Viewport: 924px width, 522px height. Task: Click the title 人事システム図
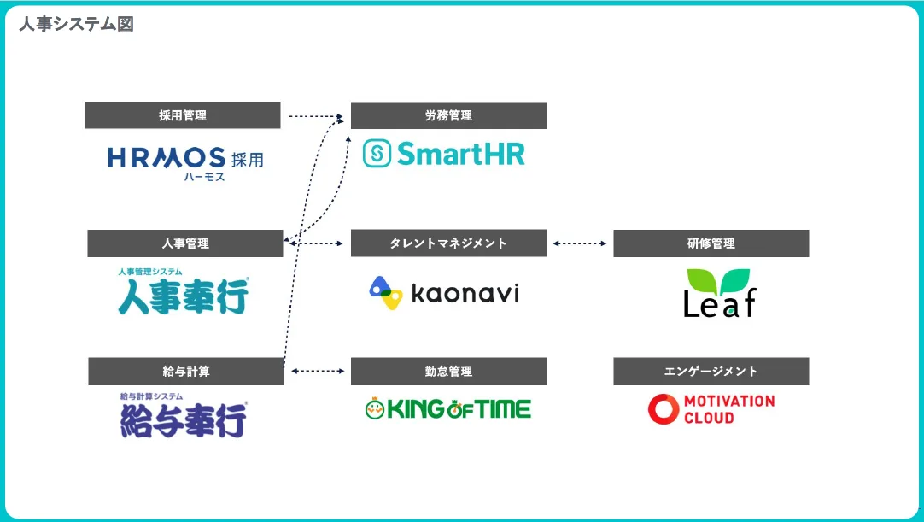[76, 24]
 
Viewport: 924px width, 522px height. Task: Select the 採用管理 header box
[182, 115]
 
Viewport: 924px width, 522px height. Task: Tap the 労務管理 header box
[448, 115]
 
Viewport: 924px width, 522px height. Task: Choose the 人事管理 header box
[184, 243]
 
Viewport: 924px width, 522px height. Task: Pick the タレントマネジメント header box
[448, 243]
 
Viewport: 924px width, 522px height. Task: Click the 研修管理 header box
[711, 243]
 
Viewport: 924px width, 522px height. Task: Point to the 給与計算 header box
[185, 372]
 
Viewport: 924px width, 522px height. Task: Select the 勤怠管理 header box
[448, 372]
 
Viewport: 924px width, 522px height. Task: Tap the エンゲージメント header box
[711, 372]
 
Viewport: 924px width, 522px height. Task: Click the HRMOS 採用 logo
[185, 161]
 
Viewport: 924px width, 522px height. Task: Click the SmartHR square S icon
[377, 154]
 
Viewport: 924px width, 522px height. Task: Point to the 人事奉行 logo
[184, 292]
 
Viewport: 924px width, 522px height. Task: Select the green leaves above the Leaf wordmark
[719, 281]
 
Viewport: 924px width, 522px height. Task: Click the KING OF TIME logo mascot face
[374, 409]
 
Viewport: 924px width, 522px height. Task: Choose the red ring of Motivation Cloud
[663, 409]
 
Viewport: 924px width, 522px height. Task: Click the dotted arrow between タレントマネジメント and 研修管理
[579, 243]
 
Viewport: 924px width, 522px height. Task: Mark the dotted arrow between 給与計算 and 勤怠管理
[317, 372]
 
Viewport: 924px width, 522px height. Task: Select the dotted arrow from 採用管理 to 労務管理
[315, 115]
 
